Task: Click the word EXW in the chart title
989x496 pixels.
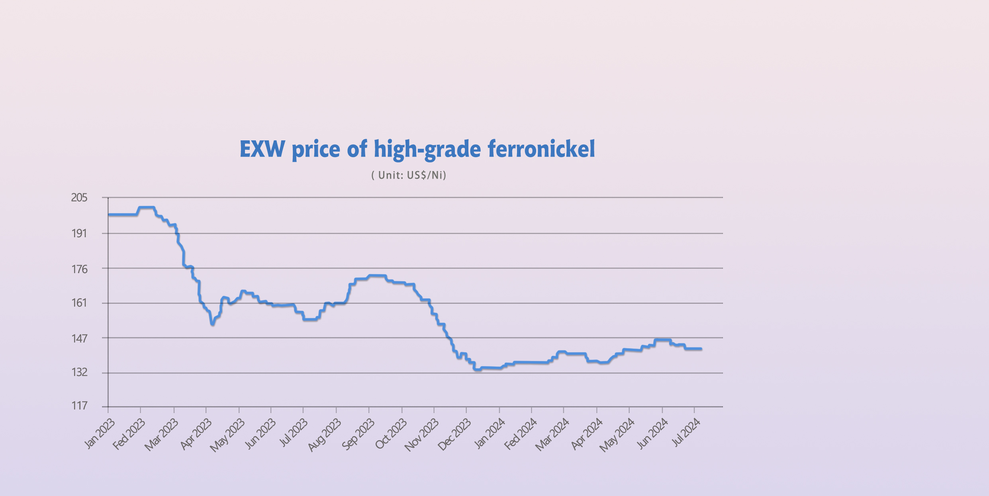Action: coord(262,149)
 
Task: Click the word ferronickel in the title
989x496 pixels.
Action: coord(541,149)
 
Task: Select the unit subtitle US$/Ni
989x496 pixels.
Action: coord(409,175)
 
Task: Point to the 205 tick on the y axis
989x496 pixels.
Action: coord(79,198)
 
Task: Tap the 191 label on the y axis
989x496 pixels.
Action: coord(79,234)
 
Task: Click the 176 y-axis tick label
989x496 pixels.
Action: coord(79,270)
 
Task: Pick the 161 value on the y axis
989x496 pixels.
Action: coord(79,303)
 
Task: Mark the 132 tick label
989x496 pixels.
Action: coord(79,372)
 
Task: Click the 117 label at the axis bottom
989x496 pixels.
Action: coord(79,406)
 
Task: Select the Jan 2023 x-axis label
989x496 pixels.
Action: coord(100,434)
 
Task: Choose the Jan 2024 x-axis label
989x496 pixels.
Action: coord(490,434)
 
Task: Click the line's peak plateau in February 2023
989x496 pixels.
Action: coord(146,207)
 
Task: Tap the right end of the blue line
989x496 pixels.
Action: coord(701,349)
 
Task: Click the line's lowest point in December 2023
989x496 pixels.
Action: coord(477,370)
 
